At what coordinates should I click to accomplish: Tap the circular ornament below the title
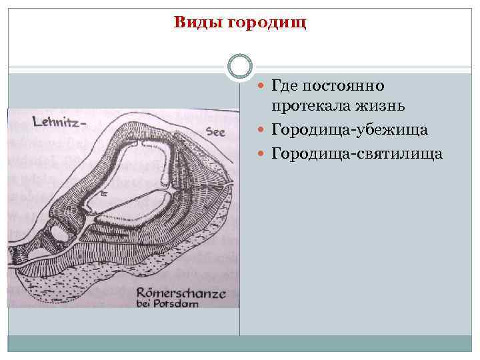coord(240,66)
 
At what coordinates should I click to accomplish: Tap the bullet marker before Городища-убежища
coord(261,130)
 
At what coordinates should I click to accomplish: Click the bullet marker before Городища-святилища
coord(261,154)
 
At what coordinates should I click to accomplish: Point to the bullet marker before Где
coord(261,87)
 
